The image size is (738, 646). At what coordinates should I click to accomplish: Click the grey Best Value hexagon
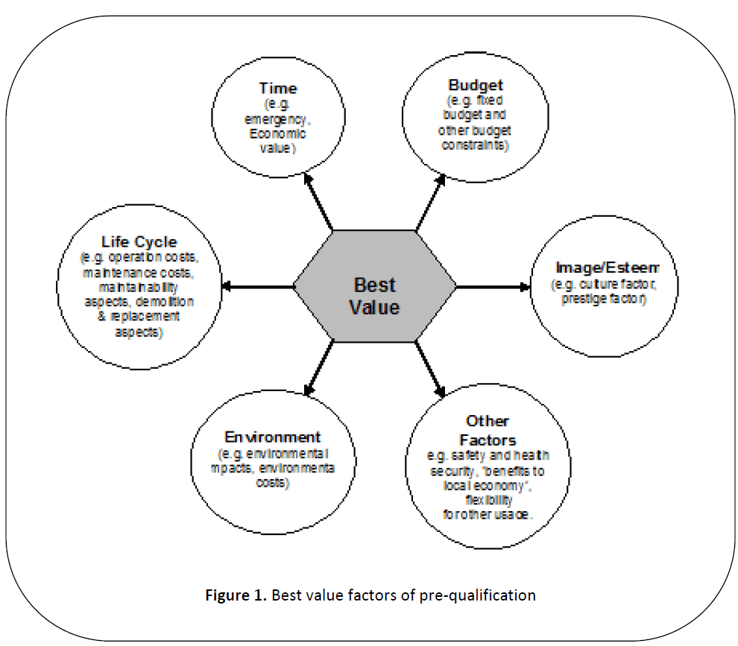pos(375,286)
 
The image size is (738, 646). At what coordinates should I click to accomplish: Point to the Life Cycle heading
pos(139,241)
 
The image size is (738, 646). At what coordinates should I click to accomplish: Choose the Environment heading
pos(273,437)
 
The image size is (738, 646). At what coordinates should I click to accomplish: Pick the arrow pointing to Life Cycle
pos(258,286)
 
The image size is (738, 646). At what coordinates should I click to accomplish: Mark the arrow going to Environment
pos(318,368)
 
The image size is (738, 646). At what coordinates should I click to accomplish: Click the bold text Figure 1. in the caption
pos(237,595)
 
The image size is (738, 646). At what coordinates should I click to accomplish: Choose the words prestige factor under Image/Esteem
pos(599,300)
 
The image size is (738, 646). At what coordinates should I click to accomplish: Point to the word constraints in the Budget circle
pos(475,146)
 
